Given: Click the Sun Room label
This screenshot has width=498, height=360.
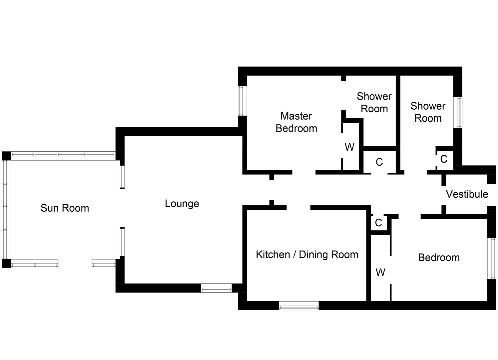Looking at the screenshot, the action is coord(65,208).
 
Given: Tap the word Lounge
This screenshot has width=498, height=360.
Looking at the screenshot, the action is coord(182,204).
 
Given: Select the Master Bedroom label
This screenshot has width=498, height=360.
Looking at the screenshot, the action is coord(296,122).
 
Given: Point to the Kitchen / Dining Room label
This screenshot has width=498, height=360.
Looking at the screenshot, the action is coord(307,255).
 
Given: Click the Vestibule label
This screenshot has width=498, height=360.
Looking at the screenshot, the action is coord(467,194).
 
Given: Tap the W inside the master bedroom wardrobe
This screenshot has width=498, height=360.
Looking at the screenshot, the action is coord(349,147).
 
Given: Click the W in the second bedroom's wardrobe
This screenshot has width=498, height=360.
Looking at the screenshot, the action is coord(380,272).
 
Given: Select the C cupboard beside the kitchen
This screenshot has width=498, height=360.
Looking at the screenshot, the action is coord(378,222).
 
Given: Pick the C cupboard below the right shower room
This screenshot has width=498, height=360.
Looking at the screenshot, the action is coord(443,159).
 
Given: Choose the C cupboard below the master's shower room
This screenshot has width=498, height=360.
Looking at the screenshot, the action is coord(379,162).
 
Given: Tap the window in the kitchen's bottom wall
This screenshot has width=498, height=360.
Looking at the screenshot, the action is coord(298,306).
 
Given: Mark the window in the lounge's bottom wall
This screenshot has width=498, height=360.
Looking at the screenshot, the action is coord(216,288).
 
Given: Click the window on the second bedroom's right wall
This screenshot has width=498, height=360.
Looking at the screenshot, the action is coord(492,258).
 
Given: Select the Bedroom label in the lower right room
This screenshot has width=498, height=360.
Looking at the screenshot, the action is coord(439,257).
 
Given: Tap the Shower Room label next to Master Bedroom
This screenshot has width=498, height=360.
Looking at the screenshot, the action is coord(374,102).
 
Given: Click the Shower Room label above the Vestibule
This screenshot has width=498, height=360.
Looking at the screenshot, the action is coord(428,112).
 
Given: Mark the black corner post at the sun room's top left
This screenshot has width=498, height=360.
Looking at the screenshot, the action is coord(6,156).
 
